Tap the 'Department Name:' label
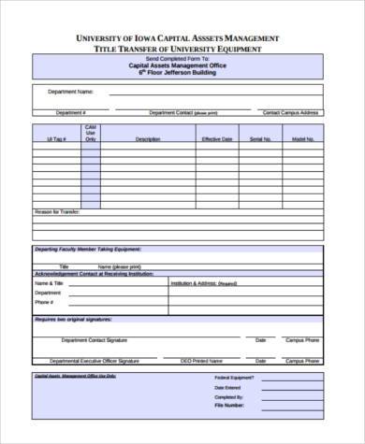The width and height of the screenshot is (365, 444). pos(71,92)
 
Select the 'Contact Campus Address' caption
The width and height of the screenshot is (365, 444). pos(290,112)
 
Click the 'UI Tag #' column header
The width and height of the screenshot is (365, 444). pos(56,139)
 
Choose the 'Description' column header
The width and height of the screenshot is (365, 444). pos(148,139)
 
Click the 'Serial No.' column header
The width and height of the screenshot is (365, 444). pos(260,139)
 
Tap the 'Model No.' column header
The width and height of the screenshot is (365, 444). pos(302,139)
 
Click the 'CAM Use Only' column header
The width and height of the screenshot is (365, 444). pos(90,133)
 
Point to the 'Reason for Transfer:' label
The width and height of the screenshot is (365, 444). pos(58,211)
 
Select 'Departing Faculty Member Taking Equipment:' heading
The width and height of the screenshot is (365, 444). pos(88,251)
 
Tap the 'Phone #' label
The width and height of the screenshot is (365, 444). pos(45,303)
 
